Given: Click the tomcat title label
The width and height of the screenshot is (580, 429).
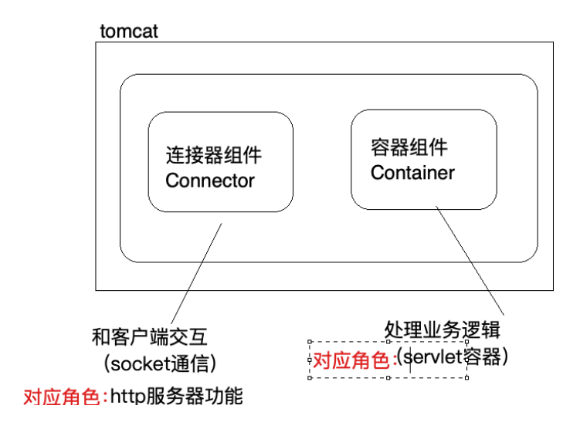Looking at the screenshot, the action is [129, 31].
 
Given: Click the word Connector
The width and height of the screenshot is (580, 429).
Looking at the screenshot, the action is [210, 181].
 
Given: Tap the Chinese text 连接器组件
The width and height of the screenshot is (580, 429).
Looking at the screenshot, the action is [213, 155].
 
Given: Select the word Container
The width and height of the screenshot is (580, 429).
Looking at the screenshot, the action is [412, 173].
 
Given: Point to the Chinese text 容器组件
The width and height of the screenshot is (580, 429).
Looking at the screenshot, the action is [409, 147].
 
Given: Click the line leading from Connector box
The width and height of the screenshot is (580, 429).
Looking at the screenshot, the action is [196, 273].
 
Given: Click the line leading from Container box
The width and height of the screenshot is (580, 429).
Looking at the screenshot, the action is [470, 261].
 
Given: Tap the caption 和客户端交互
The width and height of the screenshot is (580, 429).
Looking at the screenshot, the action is [149, 337].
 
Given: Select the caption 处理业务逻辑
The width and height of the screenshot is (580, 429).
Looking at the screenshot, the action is [443, 329].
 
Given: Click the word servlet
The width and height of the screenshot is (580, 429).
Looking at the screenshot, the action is [432, 356].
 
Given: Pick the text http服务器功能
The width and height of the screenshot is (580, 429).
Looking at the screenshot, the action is [176, 396].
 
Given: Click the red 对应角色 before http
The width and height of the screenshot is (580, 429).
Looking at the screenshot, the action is [62, 397].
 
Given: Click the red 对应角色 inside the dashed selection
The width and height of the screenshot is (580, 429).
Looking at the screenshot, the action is [351, 360].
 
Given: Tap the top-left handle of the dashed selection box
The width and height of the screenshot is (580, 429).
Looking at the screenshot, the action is [310, 342].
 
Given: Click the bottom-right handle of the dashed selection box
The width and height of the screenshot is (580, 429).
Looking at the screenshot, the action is [466, 377].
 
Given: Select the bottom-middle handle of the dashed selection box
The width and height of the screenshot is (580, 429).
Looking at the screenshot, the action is [388, 377].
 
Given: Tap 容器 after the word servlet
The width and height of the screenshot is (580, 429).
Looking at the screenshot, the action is [481, 356].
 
